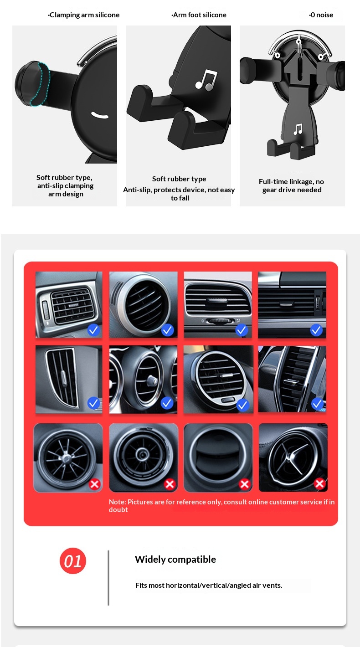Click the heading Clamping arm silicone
point(84,15)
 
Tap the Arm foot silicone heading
point(199,15)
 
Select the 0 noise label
point(321,15)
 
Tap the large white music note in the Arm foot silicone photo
point(206,80)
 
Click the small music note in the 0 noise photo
point(298,129)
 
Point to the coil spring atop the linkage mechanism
point(299,46)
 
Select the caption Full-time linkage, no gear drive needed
point(292,186)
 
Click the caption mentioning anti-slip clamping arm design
point(65,186)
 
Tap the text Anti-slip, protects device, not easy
point(179,190)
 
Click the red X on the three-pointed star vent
point(319,483)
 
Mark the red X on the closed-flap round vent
point(245,484)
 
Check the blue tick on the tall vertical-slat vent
point(93,403)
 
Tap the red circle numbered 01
point(73,560)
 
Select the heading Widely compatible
point(175,560)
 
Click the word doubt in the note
point(118,510)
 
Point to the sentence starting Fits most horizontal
point(209,585)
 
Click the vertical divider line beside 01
point(108,578)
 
